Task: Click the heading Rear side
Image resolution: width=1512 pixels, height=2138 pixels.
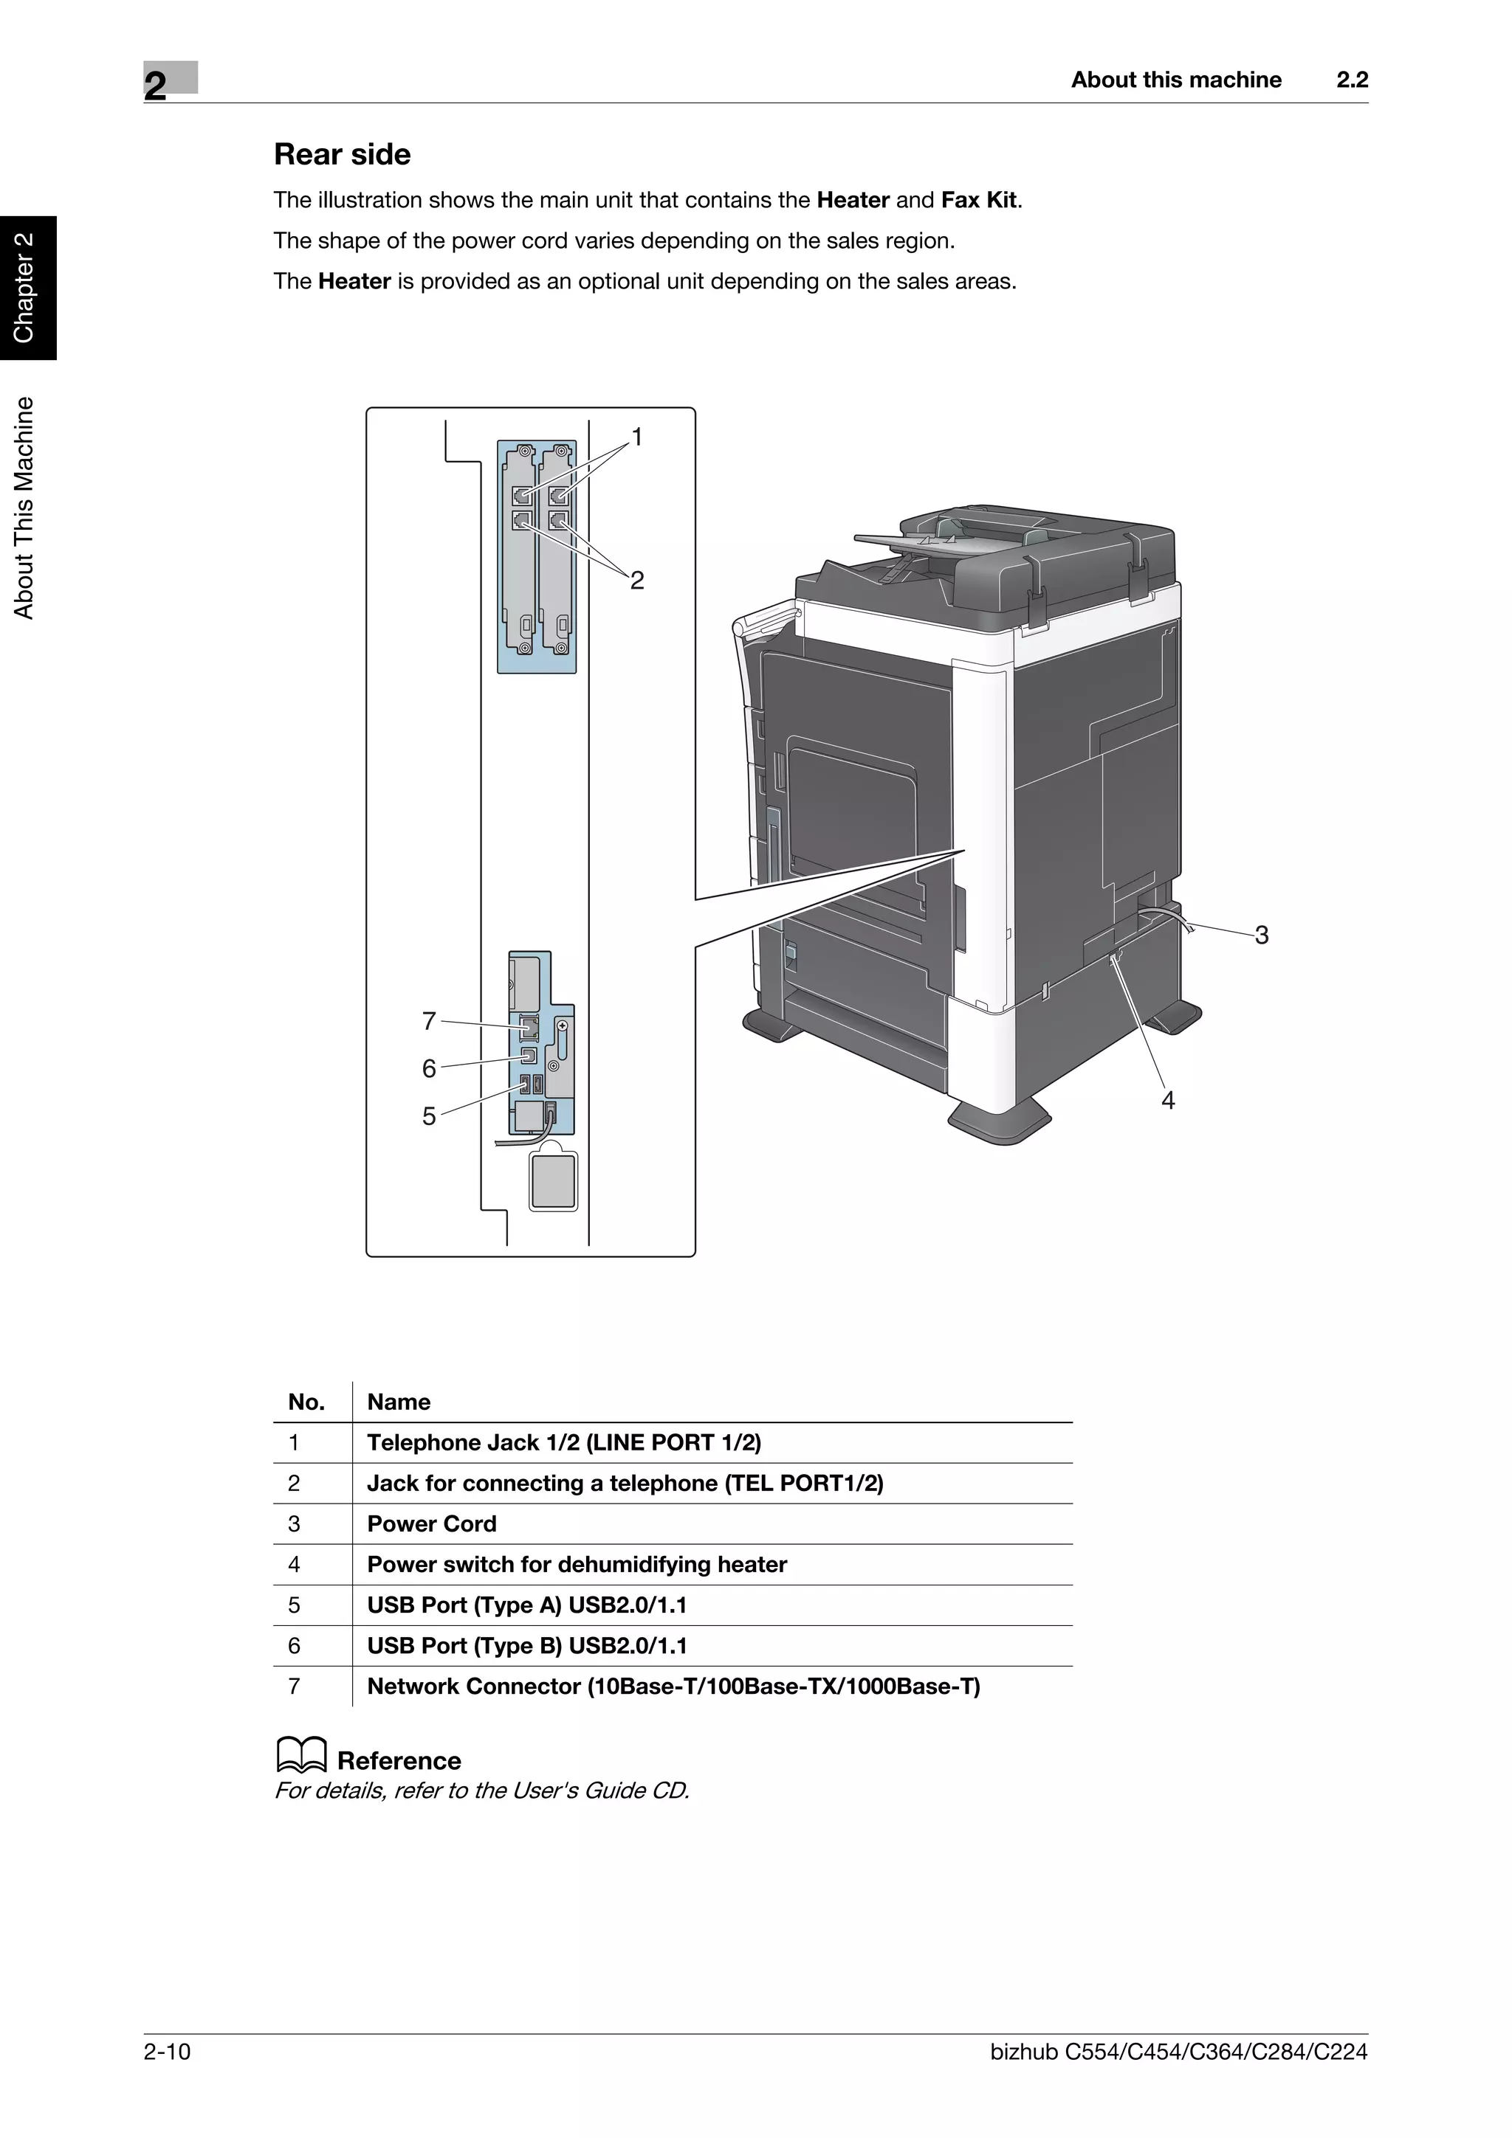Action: pos(342,155)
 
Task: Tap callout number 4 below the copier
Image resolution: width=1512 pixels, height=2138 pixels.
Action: pos(1167,1101)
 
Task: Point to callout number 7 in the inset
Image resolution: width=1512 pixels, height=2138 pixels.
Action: pos(428,1022)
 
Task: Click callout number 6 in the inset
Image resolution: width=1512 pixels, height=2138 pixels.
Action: pos(428,1068)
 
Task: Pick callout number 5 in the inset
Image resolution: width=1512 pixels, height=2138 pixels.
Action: pos(428,1115)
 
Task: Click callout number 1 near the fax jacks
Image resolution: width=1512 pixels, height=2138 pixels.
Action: pos(637,437)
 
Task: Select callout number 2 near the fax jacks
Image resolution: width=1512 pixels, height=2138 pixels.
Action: pos(637,580)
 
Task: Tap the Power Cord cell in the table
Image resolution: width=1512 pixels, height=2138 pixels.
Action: pos(431,1524)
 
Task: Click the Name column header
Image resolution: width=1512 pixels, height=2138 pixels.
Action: pos(398,1402)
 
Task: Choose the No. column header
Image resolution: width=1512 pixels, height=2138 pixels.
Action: pos(306,1402)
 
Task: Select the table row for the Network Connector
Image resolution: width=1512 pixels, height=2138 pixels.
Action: pos(673,1686)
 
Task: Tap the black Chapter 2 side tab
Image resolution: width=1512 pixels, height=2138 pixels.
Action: pos(26,288)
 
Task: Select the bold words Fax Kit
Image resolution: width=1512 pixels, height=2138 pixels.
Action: pos(979,200)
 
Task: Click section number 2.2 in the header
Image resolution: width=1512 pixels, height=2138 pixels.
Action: pos(1352,80)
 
